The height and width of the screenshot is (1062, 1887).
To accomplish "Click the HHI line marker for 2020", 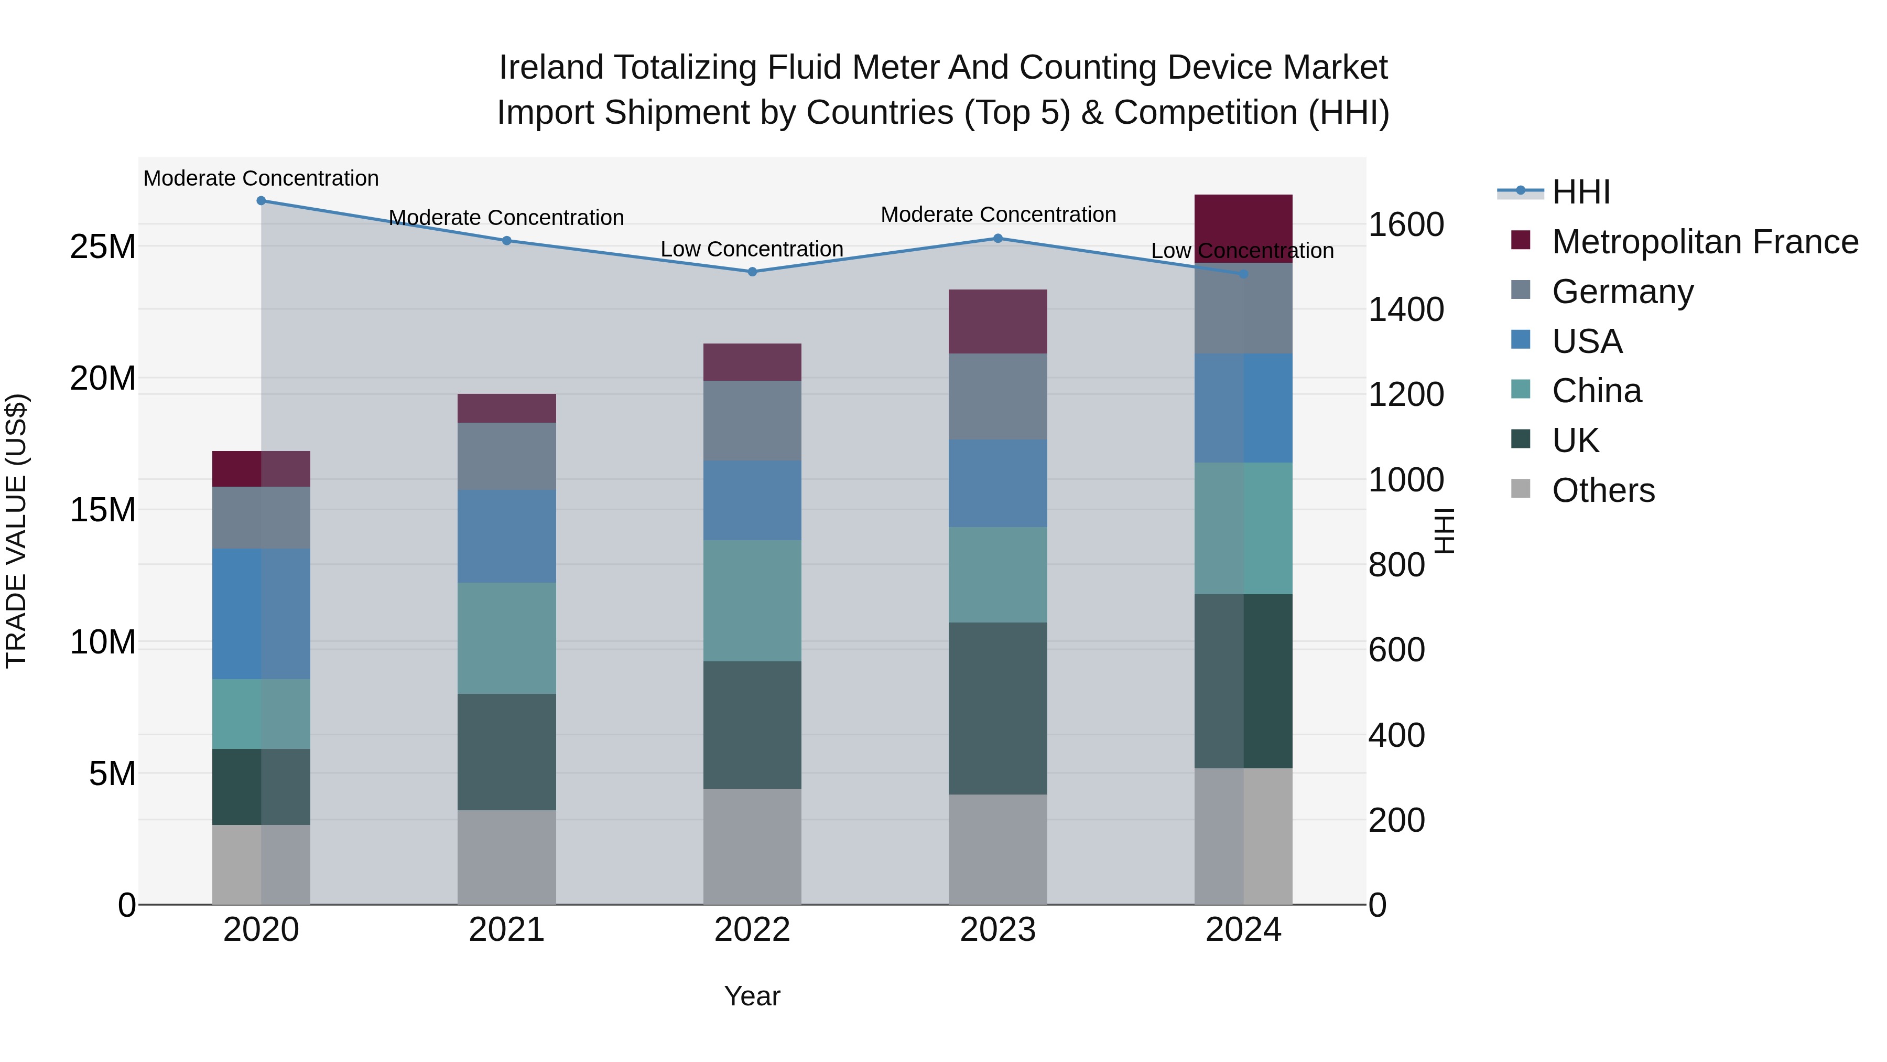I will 261,201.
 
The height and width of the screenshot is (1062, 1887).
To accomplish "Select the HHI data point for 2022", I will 752,272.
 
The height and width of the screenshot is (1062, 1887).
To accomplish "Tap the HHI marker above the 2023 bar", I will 997,238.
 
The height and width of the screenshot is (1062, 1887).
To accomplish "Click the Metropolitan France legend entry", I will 1705,242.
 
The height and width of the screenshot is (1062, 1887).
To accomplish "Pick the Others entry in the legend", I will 1603,490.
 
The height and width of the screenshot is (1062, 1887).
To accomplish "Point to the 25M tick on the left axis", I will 103,247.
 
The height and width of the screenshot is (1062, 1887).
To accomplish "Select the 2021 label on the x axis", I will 506,930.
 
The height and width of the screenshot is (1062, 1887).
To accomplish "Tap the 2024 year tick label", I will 1243,930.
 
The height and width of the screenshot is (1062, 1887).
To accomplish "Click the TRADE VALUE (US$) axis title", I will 16,531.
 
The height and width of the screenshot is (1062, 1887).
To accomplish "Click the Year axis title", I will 752,996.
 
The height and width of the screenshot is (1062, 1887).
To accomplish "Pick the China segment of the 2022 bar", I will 752,600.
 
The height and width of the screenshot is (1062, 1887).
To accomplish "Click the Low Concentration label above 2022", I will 752,249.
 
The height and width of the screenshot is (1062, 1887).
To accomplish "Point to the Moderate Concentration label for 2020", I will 261,178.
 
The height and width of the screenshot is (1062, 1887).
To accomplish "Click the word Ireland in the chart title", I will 551,68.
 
